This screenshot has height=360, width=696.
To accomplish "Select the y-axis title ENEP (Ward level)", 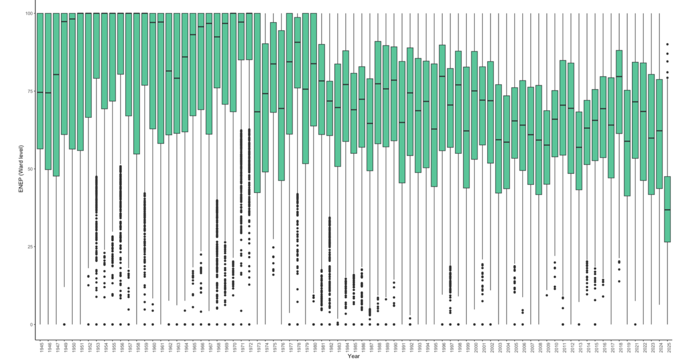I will pyautogui.click(x=21, y=169).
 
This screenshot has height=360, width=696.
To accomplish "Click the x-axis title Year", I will pyautogui.click(x=353, y=356).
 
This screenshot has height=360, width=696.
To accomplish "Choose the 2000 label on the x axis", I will pyautogui.click(x=475, y=347).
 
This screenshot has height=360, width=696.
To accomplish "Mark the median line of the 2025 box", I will pyautogui.click(x=667, y=210).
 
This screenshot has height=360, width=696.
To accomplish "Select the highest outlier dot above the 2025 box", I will pyautogui.click(x=667, y=44).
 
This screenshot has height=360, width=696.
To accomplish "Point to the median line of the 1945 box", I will pyautogui.click(x=40, y=92).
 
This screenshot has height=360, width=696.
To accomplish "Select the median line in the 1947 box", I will pyautogui.click(x=56, y=75).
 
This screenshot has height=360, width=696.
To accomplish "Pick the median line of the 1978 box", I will pyautogui.click(x=298, y=42).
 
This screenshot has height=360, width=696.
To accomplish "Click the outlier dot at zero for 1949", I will pyautogui.click(x=65, y=324).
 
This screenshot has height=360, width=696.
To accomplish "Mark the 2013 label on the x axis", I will pyautogui.click(x=579, y=347).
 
